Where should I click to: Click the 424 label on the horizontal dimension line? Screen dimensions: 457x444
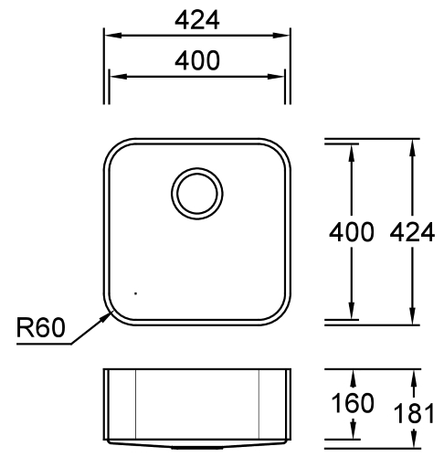pos(196,18)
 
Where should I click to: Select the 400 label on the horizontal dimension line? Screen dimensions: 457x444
pos(196,60)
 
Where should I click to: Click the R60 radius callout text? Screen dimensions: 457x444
pos(41,327)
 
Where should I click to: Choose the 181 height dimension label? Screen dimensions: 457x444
pos(417,413)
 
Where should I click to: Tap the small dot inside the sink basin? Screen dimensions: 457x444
pos(135,293)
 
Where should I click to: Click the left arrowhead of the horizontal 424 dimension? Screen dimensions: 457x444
pos(106,36)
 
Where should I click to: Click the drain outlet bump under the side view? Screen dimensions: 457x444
pos(196,450)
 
